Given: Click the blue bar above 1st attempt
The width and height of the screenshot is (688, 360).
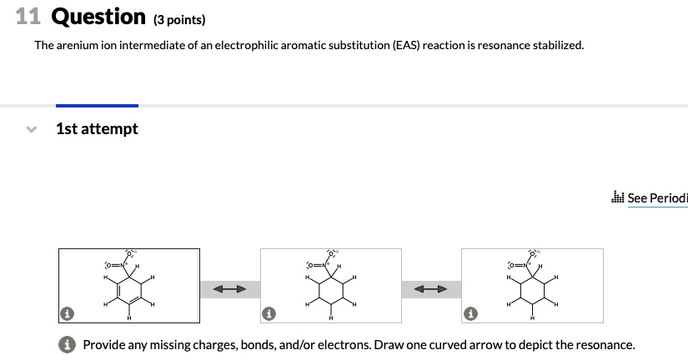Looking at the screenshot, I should click(97, 106).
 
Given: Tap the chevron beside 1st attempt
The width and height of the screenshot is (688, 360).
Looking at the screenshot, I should click(32, 130).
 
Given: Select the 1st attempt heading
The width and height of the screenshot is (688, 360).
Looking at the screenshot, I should click(97, 129).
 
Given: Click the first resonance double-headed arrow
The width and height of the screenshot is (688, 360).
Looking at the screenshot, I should click(229, 289).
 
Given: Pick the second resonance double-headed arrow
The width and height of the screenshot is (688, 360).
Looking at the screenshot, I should click(431, 289).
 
